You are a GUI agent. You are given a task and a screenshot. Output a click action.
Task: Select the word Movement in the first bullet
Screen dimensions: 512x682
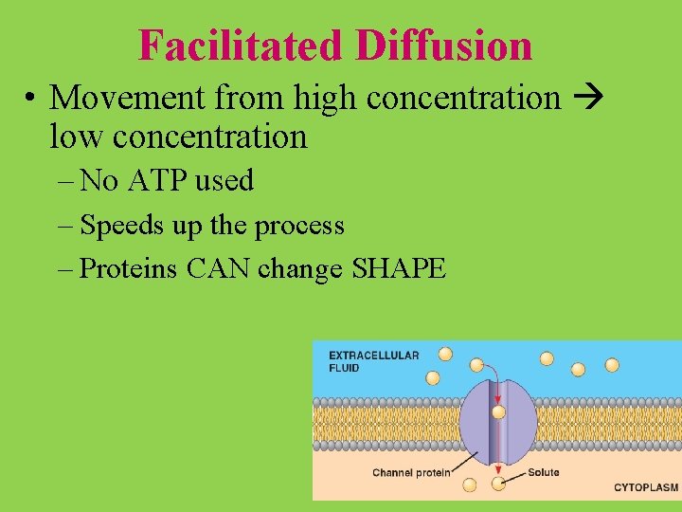tap(128, 97)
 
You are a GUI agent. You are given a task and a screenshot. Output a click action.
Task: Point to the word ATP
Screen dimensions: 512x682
tap(154, 179)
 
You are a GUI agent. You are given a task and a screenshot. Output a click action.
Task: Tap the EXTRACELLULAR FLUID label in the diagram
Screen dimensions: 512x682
tap(373, 361)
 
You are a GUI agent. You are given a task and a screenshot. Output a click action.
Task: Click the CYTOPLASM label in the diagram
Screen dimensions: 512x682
tap(646, 487)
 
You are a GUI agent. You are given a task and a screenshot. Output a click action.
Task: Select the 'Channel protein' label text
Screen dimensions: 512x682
tap(411, 472)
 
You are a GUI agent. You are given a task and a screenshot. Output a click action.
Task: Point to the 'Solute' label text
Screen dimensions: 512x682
tap(544, 471)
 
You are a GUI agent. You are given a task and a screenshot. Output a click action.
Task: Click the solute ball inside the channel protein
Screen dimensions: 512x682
tap(498, 412)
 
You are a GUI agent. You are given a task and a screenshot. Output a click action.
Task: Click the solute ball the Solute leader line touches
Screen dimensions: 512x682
tap(498, 485)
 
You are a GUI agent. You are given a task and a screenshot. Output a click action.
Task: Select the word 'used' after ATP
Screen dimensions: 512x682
tap(225, 179)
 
